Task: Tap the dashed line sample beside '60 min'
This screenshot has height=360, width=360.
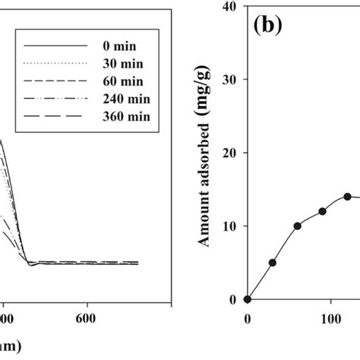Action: point(53,80)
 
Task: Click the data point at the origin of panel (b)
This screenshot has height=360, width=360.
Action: point(248,299)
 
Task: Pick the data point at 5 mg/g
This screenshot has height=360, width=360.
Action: point(273,263)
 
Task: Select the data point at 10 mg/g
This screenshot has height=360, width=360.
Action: point(298,226)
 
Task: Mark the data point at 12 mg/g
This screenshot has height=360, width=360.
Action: point(322,211)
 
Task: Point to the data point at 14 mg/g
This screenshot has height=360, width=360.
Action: point(347,196)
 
